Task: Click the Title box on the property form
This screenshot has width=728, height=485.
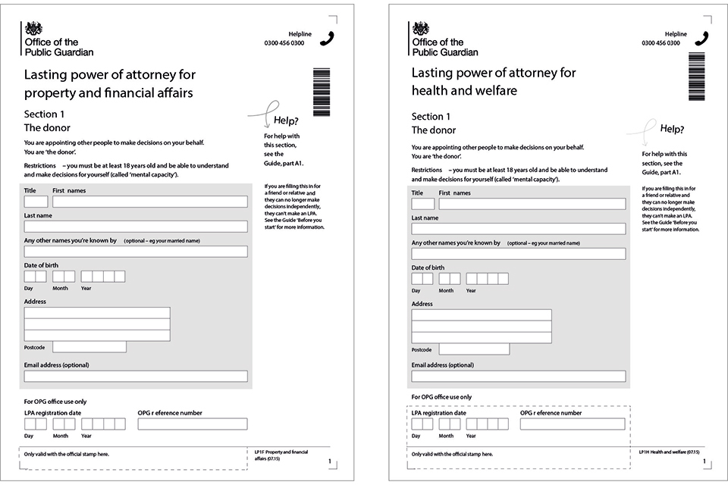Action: tap(36, 202)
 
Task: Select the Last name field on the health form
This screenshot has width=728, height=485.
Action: tap(519, 229)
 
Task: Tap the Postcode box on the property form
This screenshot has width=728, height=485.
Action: tap(89, 347)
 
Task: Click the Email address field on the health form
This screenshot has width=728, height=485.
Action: tap(519, 376)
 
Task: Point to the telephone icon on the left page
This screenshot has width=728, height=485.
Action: tap(327, 39)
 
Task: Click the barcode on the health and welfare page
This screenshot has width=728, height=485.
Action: tap(697, 77)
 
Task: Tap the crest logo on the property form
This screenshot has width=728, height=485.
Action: tap(34, 29)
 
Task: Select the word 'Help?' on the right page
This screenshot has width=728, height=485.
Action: tap(672, 129)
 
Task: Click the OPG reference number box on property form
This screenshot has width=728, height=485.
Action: tap(193, 424)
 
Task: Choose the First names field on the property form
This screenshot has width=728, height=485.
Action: tap(150, 202)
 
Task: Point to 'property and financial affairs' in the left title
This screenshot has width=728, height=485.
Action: tap(108, 93)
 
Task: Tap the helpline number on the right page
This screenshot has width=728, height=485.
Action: tap(661, 43)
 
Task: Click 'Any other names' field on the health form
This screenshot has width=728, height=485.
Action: tap(519, 254)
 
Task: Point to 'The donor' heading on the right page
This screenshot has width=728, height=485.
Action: tap(434, 130)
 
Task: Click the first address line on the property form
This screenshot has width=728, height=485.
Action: tap(97, 313)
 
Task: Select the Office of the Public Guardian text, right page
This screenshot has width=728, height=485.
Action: tap(445, 47)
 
